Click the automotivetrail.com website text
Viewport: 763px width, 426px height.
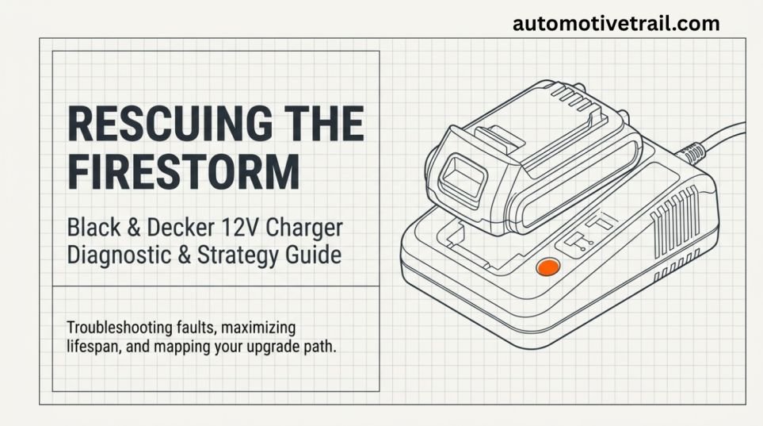tap(616, 23)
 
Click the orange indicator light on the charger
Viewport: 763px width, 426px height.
tap(548, 267)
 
